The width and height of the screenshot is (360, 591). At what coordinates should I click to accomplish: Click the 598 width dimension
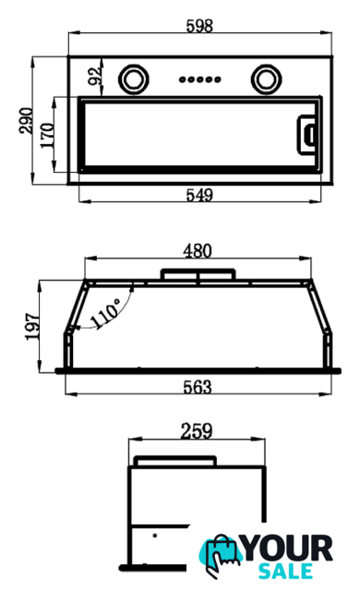[x=199, y=26]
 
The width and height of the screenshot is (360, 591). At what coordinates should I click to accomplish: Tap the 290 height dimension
[x=26, y=121]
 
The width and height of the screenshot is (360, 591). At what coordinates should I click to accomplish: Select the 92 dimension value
[x=94, y=76]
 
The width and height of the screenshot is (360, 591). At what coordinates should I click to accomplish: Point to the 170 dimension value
[x=47, y=135]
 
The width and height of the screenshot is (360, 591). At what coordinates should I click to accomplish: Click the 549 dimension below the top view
[x=199, y=195]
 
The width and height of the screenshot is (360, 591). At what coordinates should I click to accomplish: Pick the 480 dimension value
[x=198, y=251]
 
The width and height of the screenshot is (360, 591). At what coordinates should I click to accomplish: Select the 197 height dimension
[x=32, y=326]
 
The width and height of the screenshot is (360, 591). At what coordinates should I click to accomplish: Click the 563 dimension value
[x=198, y=387]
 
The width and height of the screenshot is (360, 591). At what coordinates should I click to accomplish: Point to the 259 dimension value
[x=197, y=431]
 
